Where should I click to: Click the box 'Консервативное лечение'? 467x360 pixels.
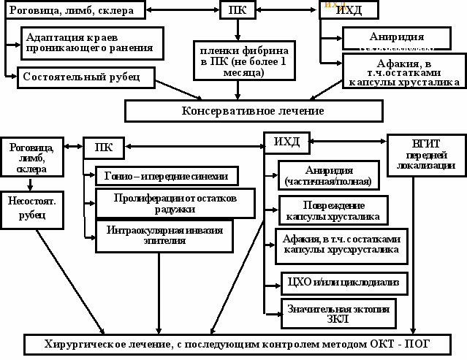[253, 110]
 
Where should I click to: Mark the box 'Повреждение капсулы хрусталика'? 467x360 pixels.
[333, 210]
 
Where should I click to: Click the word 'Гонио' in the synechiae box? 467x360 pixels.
[118, 176]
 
